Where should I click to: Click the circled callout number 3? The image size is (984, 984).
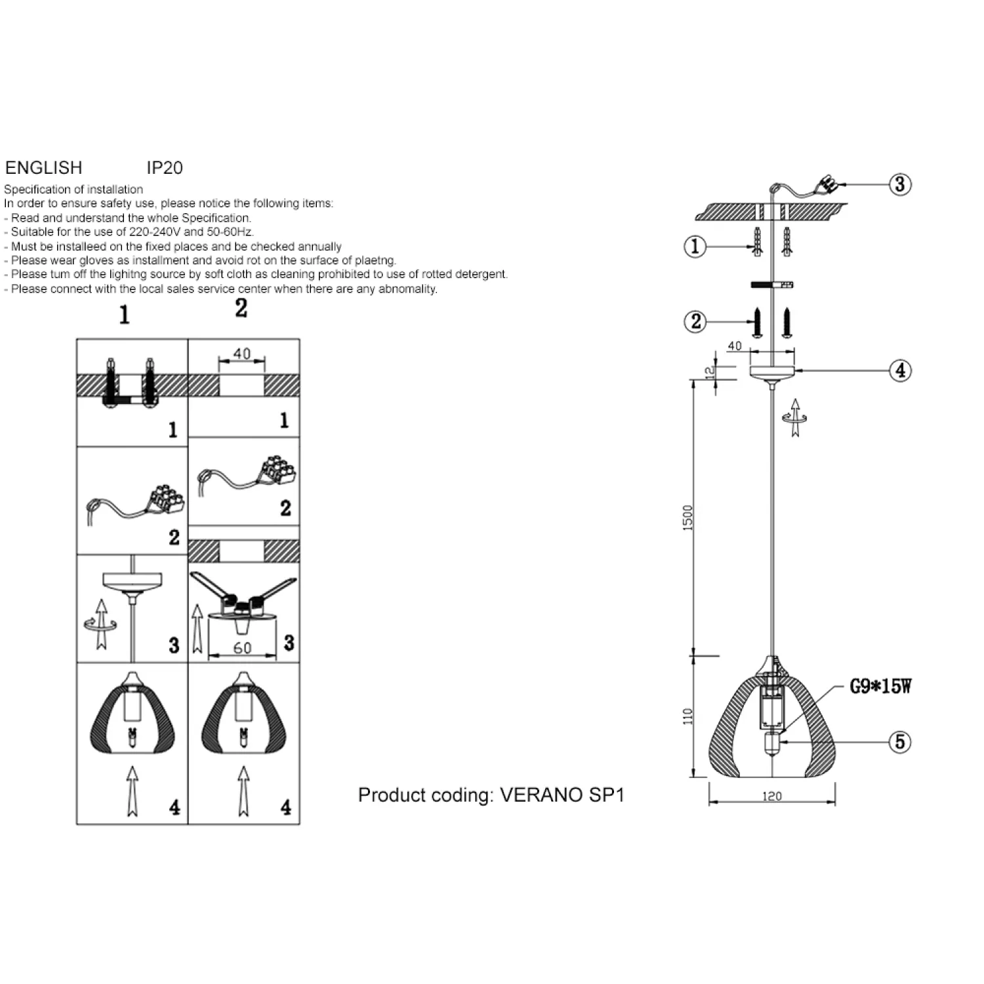pyautogui.click(x=900, y=184)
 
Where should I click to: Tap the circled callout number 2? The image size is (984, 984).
pyautogui.click(x=695, y=321)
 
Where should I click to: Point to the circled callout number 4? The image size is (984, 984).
pyautogui.click(x=901, y=371)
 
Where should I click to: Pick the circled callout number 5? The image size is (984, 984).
pyautogui.click(x=900, y=742)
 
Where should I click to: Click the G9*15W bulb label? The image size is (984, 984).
pyautogui.click(x=880, y=687)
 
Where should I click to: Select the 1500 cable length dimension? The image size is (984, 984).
pyautogui.click(x=687, y=518)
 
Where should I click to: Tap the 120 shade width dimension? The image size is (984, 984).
pyautogui.click(x=772, y=796)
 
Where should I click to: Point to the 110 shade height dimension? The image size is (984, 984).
pyautogui.click(x=687, y=716)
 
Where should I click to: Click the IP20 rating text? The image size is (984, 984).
pyautogui.click(x=165, y=168)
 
